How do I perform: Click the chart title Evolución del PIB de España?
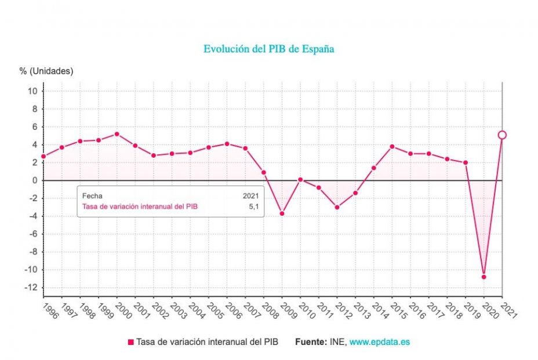[x=268, y=49]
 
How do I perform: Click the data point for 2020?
[x=484, y=277]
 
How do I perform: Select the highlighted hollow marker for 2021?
[x=502, y=135]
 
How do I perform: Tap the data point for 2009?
[x=282, y=213]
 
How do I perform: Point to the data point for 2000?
[x=117, y=134]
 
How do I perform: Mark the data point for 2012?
[x=337, y=207]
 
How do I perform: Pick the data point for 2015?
[x=392, y=146]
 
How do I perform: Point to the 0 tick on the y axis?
[x=34, y=180]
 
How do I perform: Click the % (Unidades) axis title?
[x=46, y=71]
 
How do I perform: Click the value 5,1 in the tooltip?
[x=253, y=206]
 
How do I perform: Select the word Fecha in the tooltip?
[x=92, y=196]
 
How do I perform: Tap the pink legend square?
[x=130, y=342]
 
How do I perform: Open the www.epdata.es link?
[x=379, y=342]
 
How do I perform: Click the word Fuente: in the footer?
[x=311, y=342]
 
